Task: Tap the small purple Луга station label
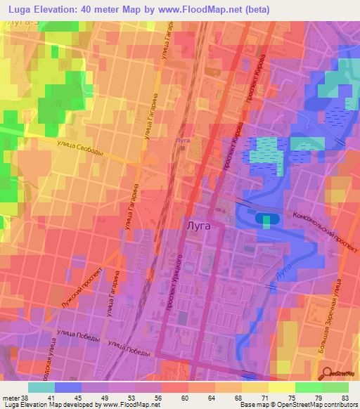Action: (x=182, y=140)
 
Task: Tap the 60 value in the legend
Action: (x=184, y=398)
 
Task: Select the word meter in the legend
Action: (x=10, y=398)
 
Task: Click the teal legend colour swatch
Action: (x=41, y=387)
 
